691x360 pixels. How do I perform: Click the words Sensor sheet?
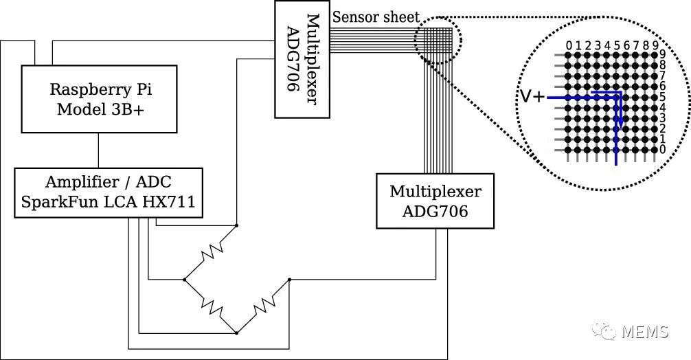click(x=376, y=17)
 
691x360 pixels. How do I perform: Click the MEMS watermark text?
click(x=645, y=331)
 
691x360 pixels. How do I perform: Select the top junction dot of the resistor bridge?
click(x=237, y=225)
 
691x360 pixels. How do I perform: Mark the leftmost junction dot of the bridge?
click(x=184, y=280)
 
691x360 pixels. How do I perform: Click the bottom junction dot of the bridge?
click(x=237, y=333)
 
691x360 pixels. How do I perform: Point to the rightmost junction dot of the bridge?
click(x=289, y=280)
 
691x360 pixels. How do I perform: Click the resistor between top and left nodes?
click(x=211, y=253)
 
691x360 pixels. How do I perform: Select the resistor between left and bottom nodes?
click(x=211, y=305)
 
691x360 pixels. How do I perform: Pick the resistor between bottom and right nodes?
click(x=263, y=306)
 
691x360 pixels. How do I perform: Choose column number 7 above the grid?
click(x=637, y=45)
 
